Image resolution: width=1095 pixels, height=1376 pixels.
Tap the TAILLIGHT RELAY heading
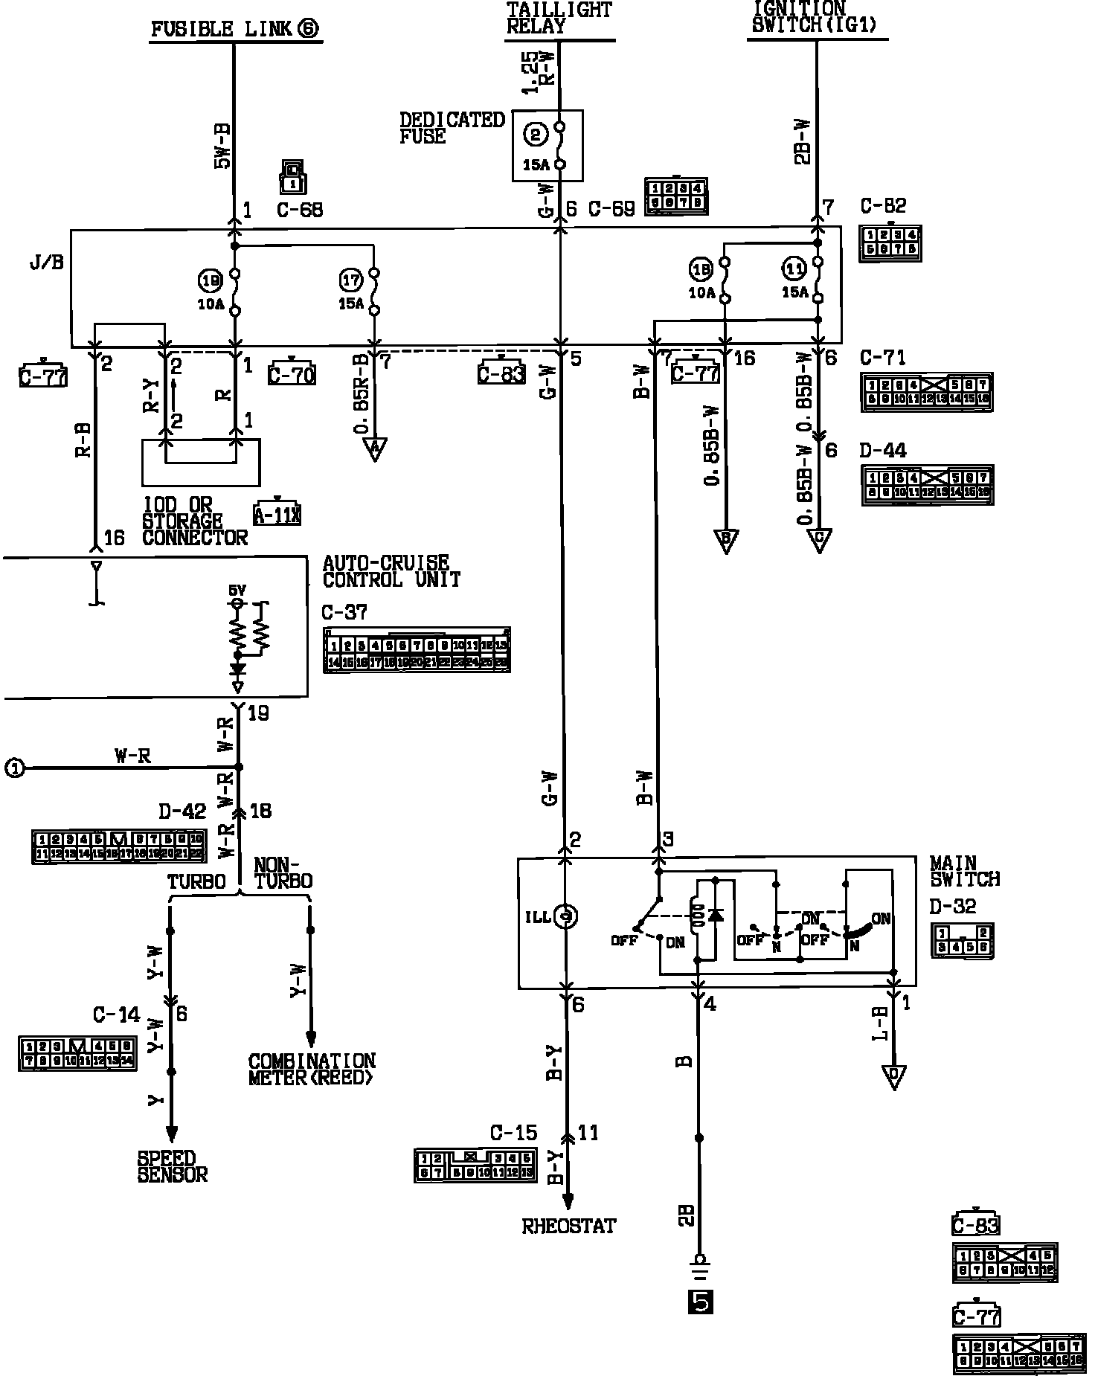point(559,18)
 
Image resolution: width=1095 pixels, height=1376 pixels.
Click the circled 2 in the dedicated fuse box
point(535,134)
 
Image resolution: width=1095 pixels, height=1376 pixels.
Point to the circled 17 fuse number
point(350,280)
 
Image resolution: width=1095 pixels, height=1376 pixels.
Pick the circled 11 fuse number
point(794,268)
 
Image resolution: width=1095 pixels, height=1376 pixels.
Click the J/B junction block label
point(47,263)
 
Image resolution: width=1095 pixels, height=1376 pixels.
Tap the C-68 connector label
point(300,210)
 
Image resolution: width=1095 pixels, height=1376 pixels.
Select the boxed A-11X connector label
point(277,514)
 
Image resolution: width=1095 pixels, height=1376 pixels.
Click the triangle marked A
point(375,448)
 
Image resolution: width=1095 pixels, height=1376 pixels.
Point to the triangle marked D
point(893,1077)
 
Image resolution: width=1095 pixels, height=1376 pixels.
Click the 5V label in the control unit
point(237,591)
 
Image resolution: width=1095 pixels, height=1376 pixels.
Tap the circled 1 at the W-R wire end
point(14,768)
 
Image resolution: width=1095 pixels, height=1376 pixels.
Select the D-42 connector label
point(182,810)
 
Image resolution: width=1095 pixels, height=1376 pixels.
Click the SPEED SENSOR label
point(172,1167)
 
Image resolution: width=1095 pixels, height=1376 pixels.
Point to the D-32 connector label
point(953,907)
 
